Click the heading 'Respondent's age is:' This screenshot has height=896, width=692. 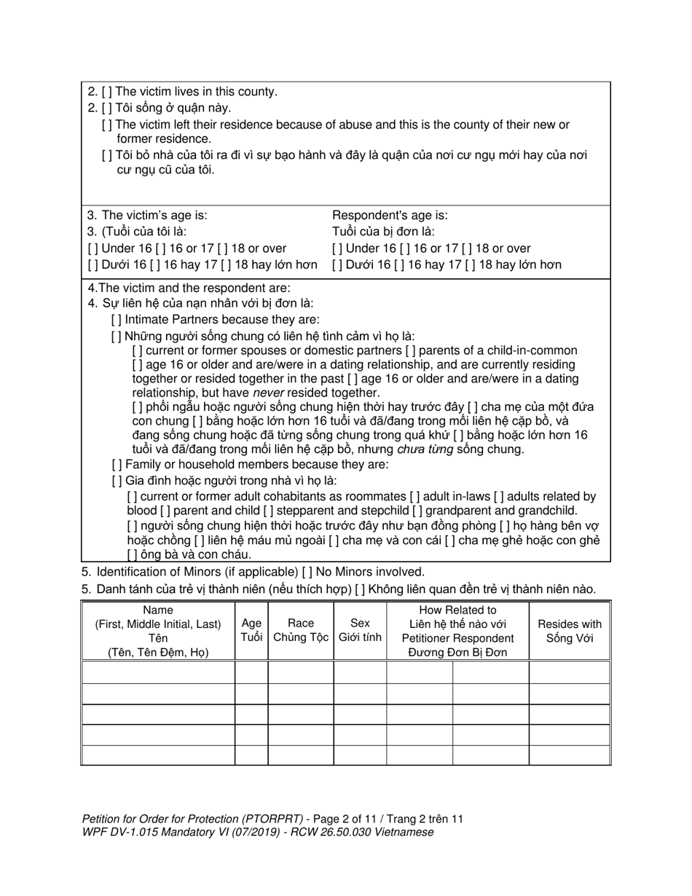(x=390, y=216)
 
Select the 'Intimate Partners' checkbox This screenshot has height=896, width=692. (x=116, y=320)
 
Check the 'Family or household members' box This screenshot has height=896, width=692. (x=116, y=465)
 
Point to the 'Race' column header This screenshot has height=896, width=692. (x=301, y=624)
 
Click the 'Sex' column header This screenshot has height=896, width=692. (x=360, y=624)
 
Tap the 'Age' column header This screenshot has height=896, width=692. (x=251, y=624)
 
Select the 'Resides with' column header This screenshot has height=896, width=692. (x=570, y=624)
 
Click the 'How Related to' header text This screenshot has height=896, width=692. (x=457, y=610)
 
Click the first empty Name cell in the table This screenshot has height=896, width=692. (x=158, y=672)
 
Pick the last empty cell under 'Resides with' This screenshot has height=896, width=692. (x=570, y=755)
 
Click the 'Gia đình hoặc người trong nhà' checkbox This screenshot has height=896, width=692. (x=116, y=481)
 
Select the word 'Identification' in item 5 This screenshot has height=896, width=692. (x=132, y=572)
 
